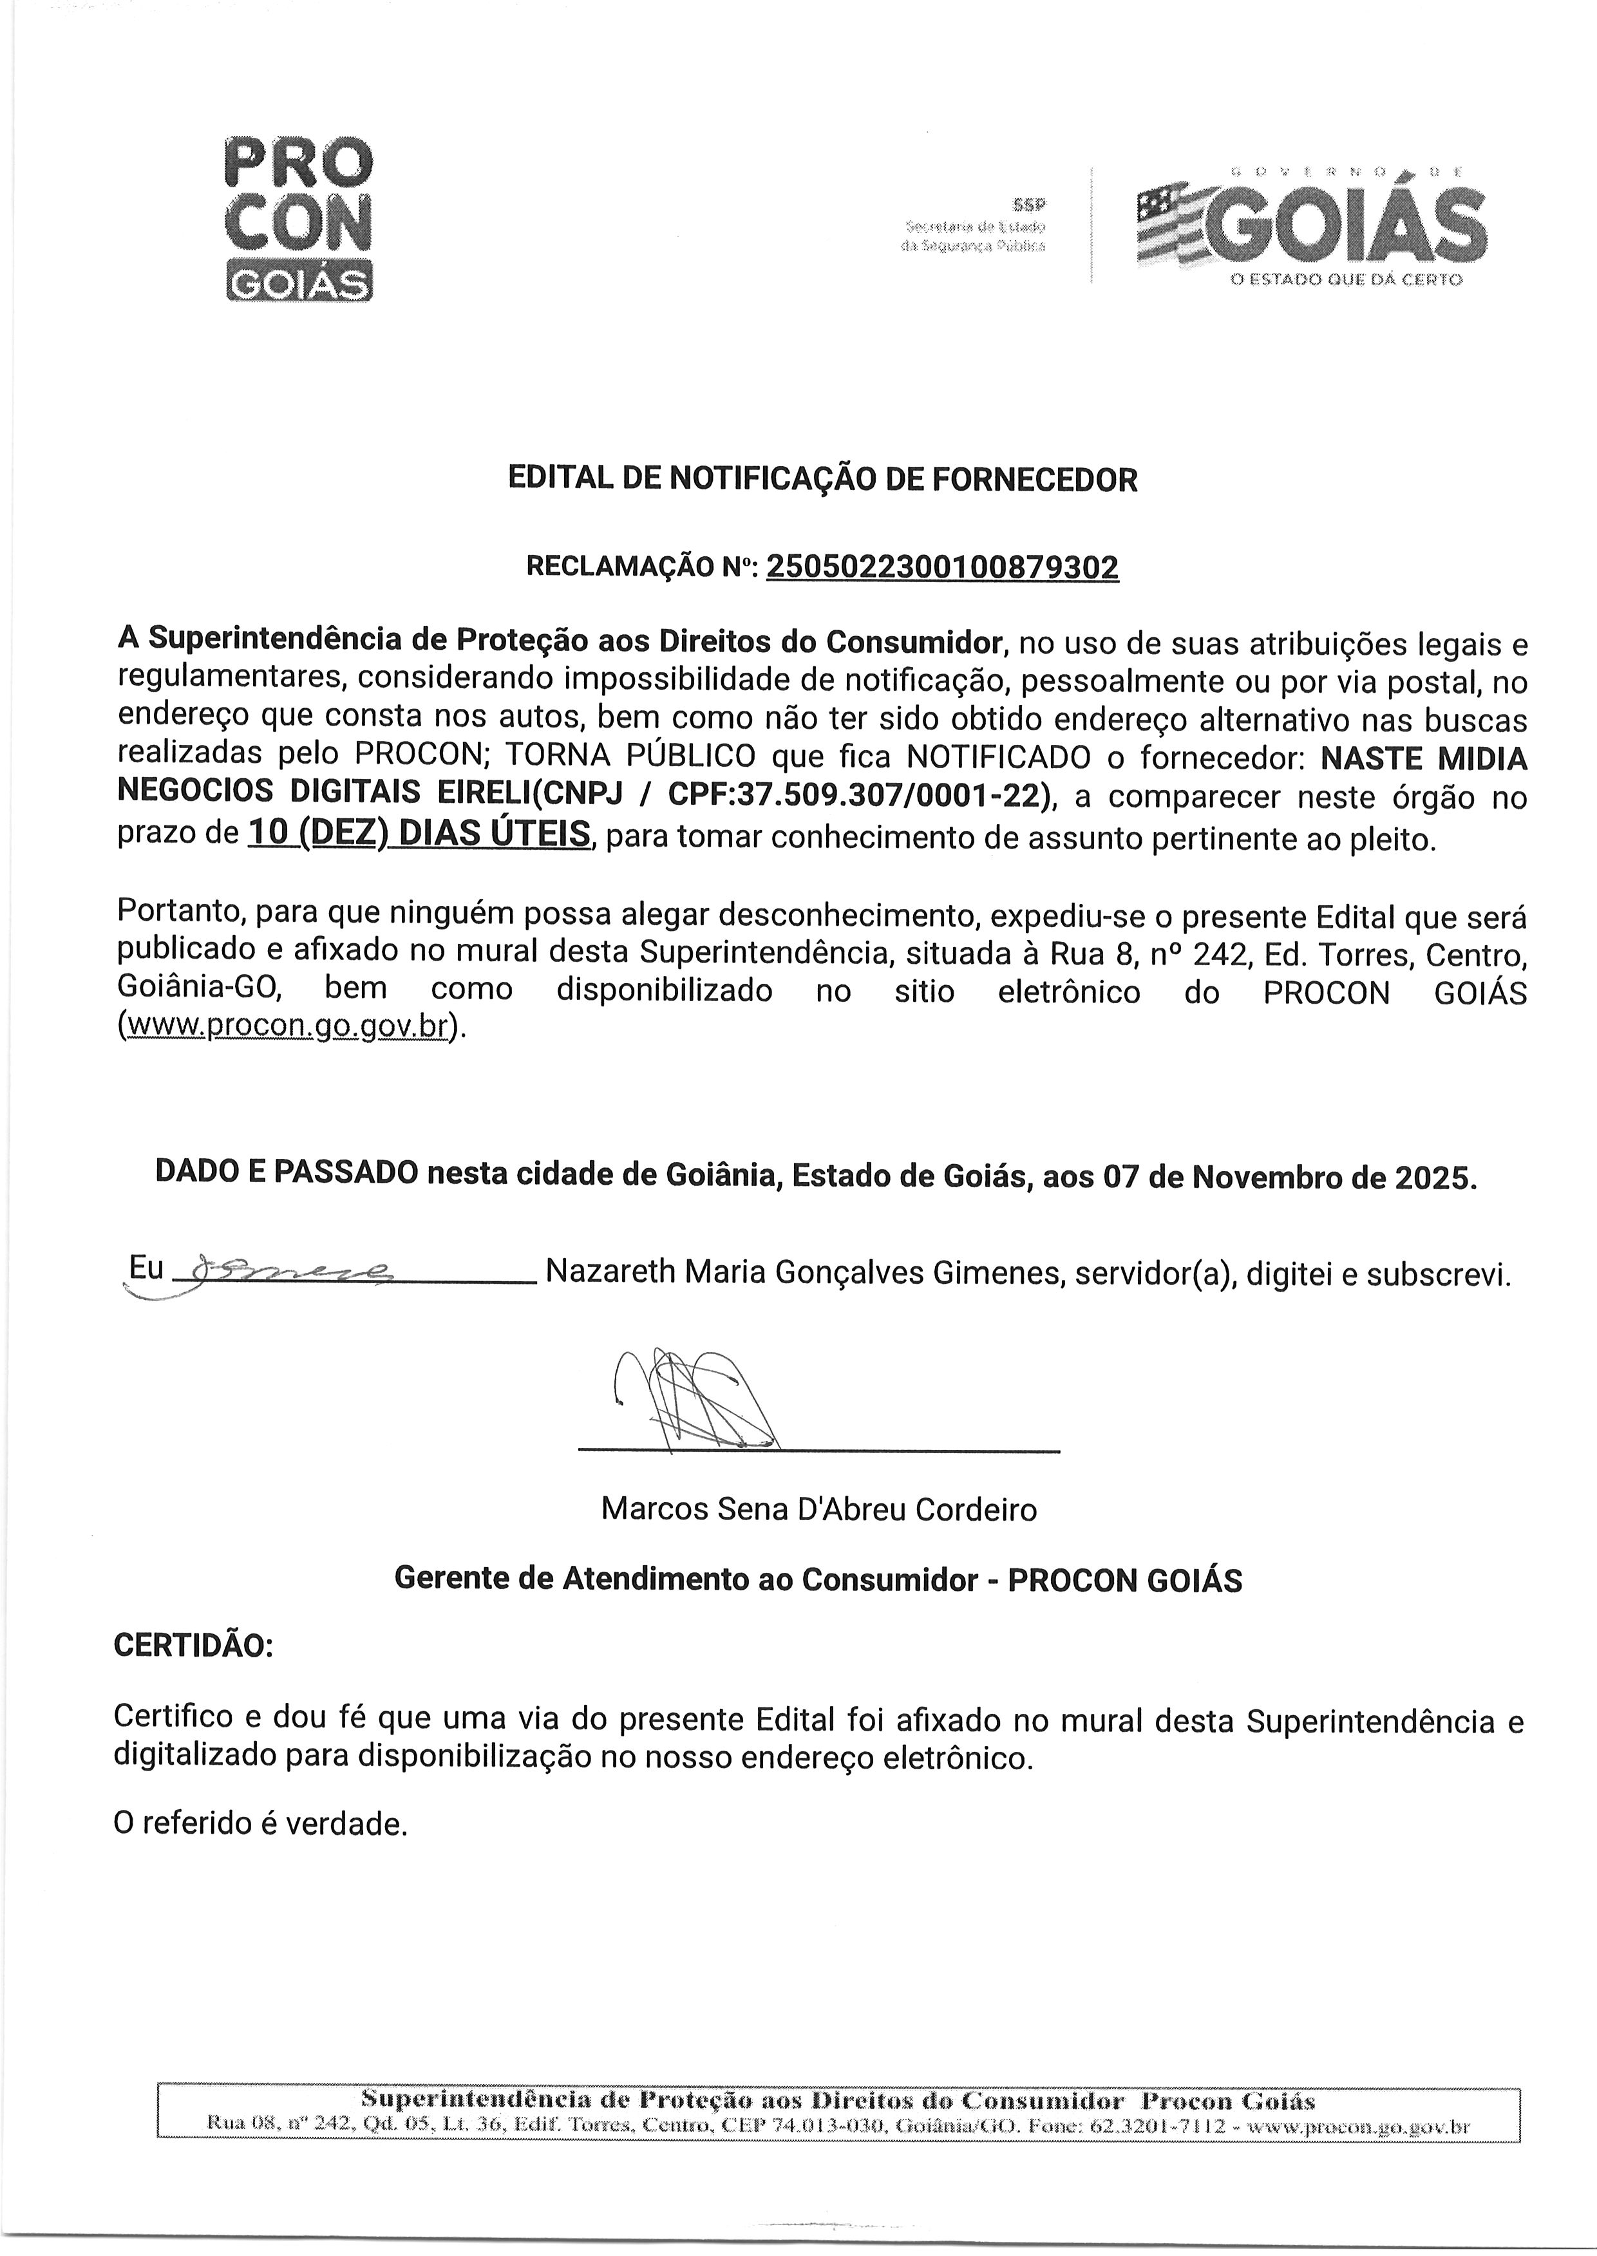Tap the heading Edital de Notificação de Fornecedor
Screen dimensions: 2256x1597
[822, 480]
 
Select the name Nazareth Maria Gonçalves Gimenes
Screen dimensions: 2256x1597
[804, 1273]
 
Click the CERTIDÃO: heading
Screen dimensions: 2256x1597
[194, 1646]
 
